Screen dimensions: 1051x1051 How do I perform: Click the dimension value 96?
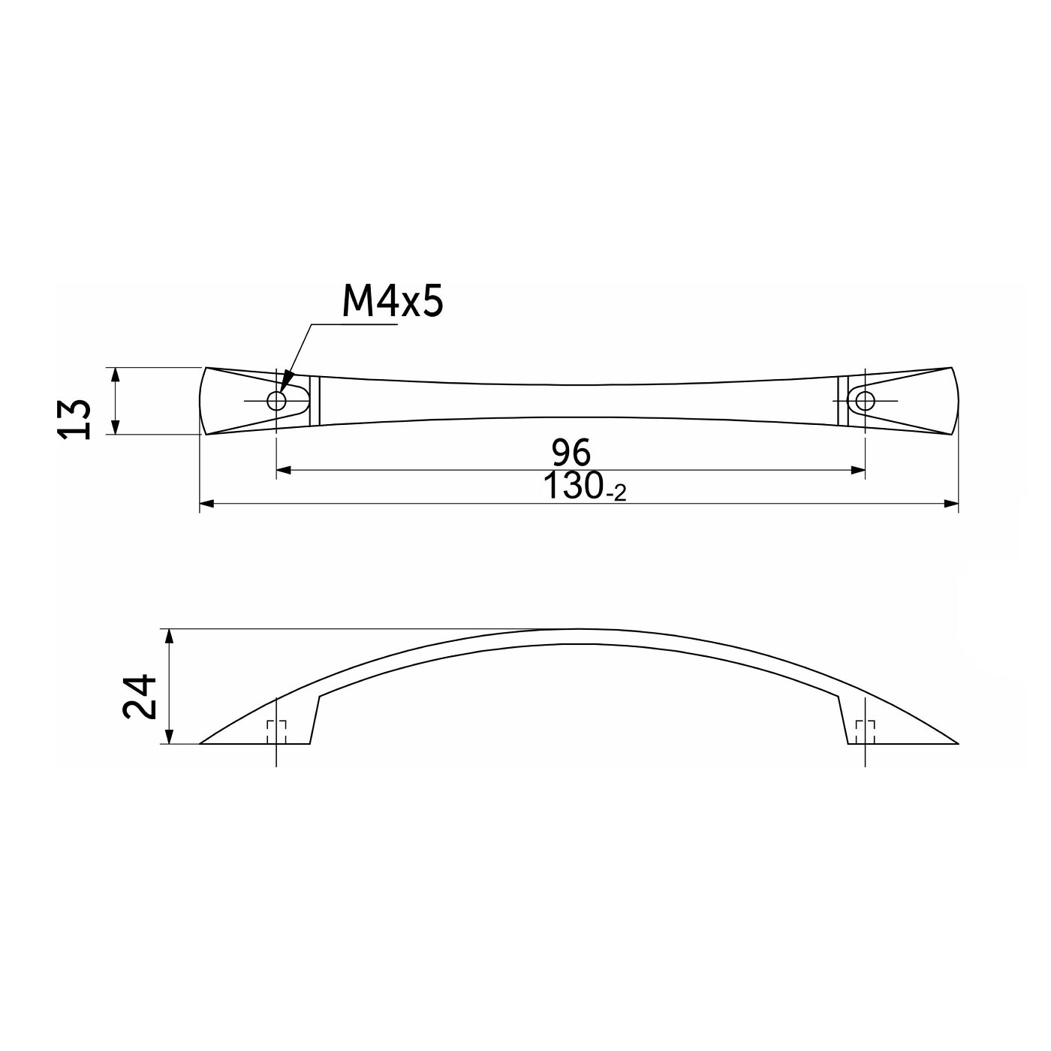tap(571, 452)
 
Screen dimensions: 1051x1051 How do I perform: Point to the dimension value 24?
tap(139, 697)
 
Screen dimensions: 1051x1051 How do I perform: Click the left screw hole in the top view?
tap(276, 401)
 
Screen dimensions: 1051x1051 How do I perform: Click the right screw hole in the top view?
tap(865, 401)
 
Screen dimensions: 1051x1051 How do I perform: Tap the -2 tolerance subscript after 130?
tap(616, 494)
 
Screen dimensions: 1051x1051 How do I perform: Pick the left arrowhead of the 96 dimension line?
tap(284, 470)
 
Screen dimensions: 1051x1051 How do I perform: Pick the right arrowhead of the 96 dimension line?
tap(858, 470)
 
